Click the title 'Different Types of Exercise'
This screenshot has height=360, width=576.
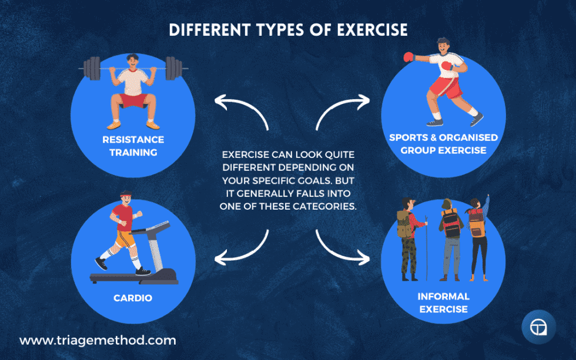tap(288, 30)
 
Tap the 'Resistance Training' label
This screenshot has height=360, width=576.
tap(133, 146)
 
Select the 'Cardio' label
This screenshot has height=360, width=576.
tap(133, 298)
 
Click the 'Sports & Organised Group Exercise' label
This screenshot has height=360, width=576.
tap(443, 143)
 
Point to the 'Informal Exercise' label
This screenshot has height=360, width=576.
tap(443, 302)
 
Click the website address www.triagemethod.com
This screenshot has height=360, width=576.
tap(98, 340)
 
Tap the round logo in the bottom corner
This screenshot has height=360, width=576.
tap(538, 328)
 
